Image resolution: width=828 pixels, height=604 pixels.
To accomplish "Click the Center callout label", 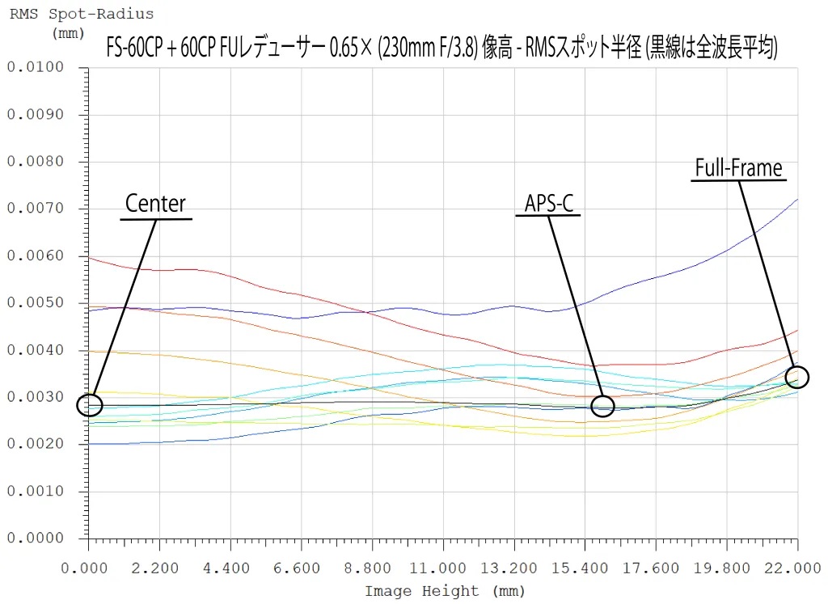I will [155, 204].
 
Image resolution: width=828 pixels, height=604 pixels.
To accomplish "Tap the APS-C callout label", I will [549, 204].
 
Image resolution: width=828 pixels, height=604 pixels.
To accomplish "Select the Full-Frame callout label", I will [739, 168].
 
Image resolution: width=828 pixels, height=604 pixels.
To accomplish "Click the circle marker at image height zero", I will [89, 404].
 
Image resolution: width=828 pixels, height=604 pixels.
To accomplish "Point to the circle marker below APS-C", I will [602, 405].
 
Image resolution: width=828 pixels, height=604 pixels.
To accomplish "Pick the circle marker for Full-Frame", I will [796, 378].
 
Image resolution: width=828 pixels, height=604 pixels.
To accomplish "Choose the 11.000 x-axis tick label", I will [442, 568].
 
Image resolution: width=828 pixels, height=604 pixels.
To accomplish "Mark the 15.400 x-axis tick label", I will [585, 568].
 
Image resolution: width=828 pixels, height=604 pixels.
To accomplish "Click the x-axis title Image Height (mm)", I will [433, 591].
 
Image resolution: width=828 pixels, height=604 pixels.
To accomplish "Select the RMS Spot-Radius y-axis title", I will [82, 15].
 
